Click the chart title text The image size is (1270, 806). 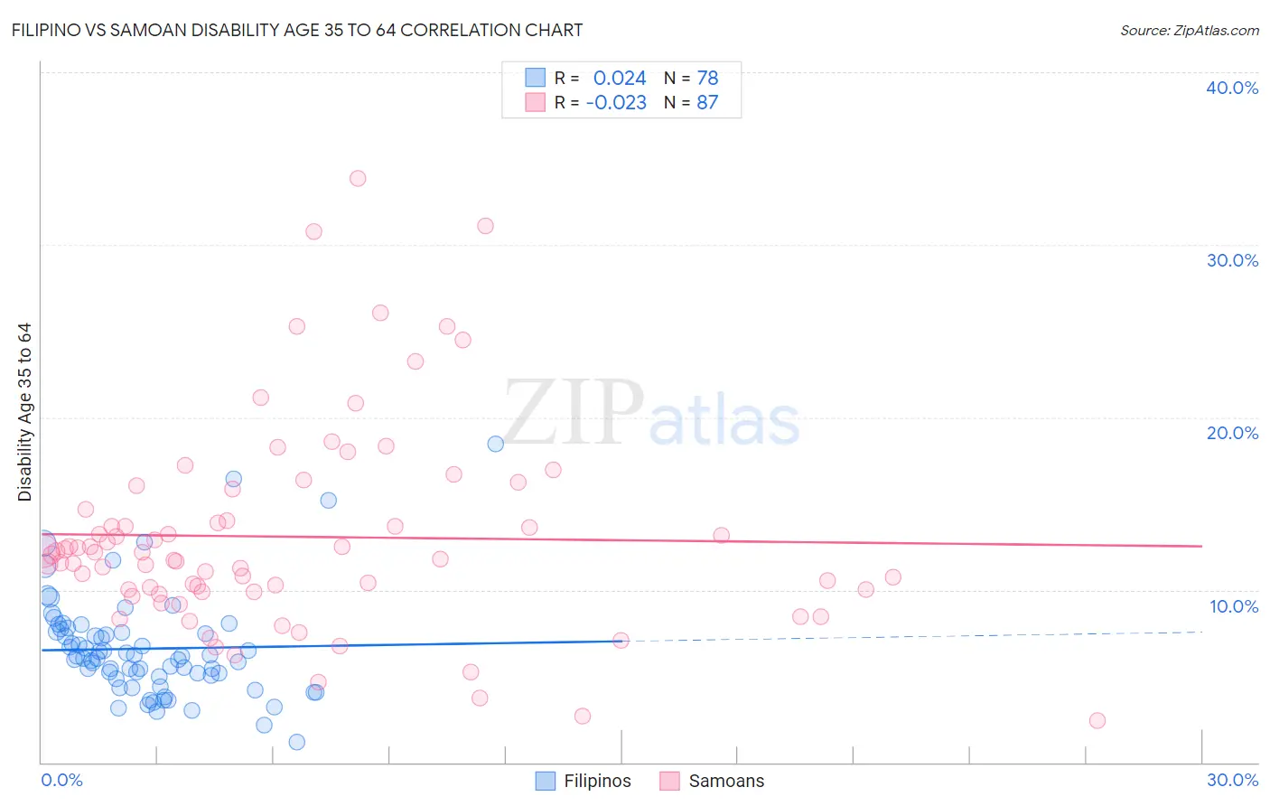tap(297, 30)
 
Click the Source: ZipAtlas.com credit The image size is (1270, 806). tap(1189, 30)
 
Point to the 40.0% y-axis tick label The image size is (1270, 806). tap(1231, 88)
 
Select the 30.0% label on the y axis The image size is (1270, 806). tap(1231, 260)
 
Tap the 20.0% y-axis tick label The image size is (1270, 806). tap(1231, 433)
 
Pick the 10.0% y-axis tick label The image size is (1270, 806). tap(1233, 606)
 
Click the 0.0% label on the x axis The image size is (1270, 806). tap(61, 780)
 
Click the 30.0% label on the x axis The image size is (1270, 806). tap(1232, 780)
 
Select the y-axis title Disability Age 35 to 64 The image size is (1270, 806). tap(24, 412)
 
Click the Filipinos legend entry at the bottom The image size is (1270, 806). tap(597, 781)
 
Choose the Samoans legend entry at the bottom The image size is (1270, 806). tap(725, 781)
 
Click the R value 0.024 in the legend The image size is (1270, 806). tap(620, 79)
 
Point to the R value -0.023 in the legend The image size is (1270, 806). tap(616, 103)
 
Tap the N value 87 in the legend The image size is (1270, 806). tap(707, 103)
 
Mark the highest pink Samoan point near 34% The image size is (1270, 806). tap(358, 179)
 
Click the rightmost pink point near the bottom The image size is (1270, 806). tap(1097, 720)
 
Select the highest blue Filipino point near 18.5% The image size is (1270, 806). tap(496, 444)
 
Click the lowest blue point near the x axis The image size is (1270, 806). tap(296, 742)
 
